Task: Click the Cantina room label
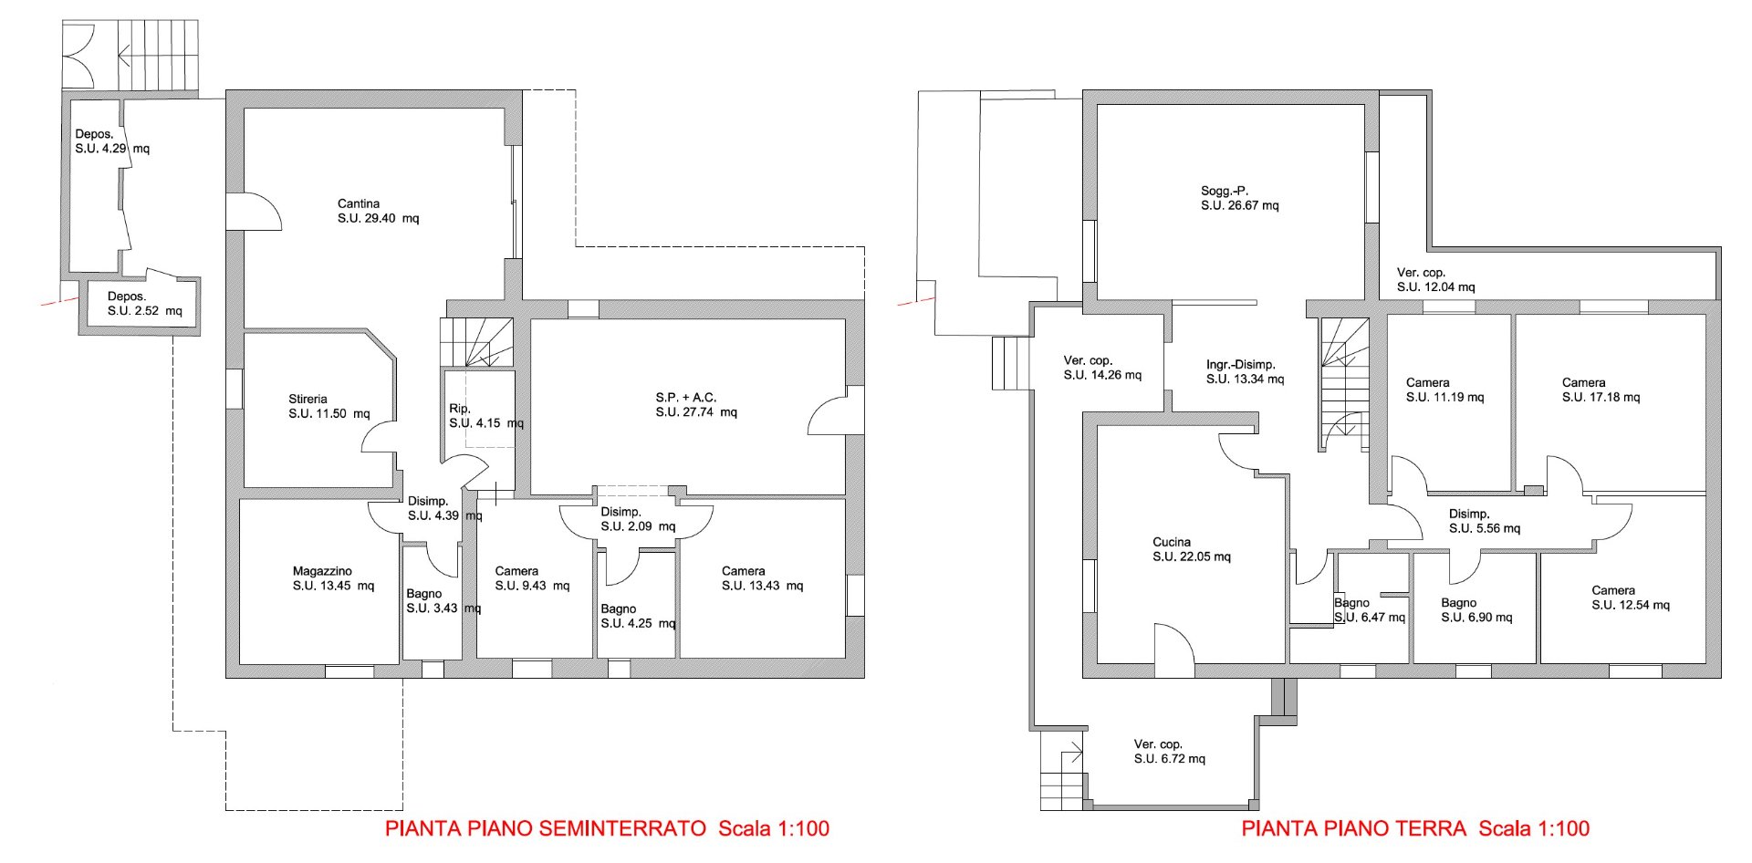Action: point(359,203)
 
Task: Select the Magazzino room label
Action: point(322,571)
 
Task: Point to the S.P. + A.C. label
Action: point(686,398)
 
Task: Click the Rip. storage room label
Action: point(460,409)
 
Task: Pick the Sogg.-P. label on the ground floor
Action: point(1225,191)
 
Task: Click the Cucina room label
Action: point(1172,542)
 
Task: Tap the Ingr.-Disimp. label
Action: point(1241,364)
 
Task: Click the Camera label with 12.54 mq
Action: point(1613,590)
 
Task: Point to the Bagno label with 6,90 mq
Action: point(1459,603)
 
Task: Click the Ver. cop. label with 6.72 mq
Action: point(1159,744)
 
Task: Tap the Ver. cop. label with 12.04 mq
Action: point(1422,272)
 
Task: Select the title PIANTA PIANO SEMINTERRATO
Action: point(546,828)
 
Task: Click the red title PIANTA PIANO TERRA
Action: point(1354,828)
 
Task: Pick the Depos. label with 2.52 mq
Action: point(127,296)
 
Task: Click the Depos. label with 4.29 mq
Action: point(95,134)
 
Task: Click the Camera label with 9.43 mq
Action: point(516,571)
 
